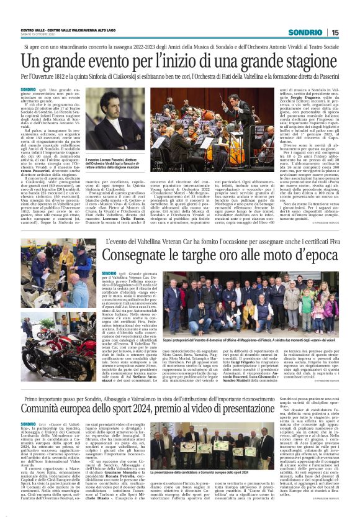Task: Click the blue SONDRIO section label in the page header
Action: point(306,32)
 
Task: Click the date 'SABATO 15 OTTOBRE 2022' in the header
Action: point(38,35)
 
